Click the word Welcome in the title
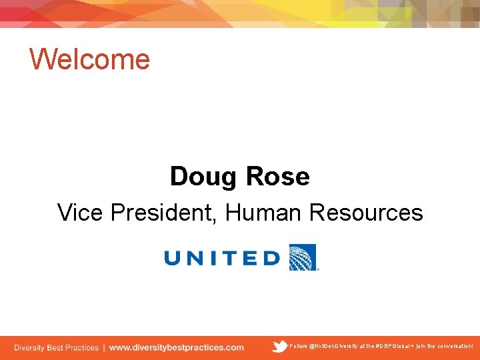tap(90, 59)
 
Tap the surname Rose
tap(278, 177)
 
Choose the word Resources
tap(366, 213)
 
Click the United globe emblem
tap(303, 257)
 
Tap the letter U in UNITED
tap(174, 258)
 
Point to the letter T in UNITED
tap(229, 258)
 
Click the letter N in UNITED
tap(197, 258)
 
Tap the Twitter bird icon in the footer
tap(279, 346)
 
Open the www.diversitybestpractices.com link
tap(177, 347)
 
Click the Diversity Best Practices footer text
tap(56, 347)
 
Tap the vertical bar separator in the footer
tap(103, 347)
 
